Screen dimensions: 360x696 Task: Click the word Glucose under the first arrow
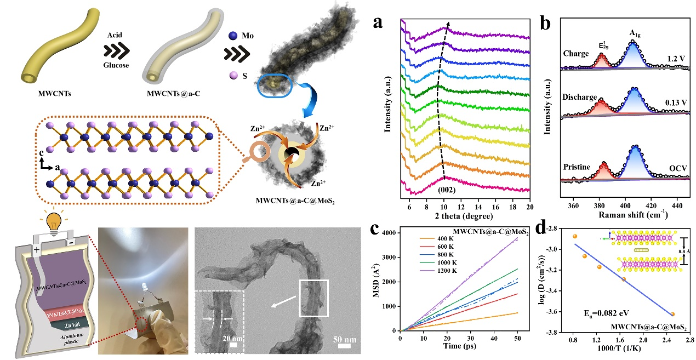(116, 65)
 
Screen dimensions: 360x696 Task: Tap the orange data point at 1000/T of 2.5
(672, 314)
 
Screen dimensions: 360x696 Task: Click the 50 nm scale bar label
(345, 339)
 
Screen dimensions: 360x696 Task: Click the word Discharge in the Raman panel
(579, 97)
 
